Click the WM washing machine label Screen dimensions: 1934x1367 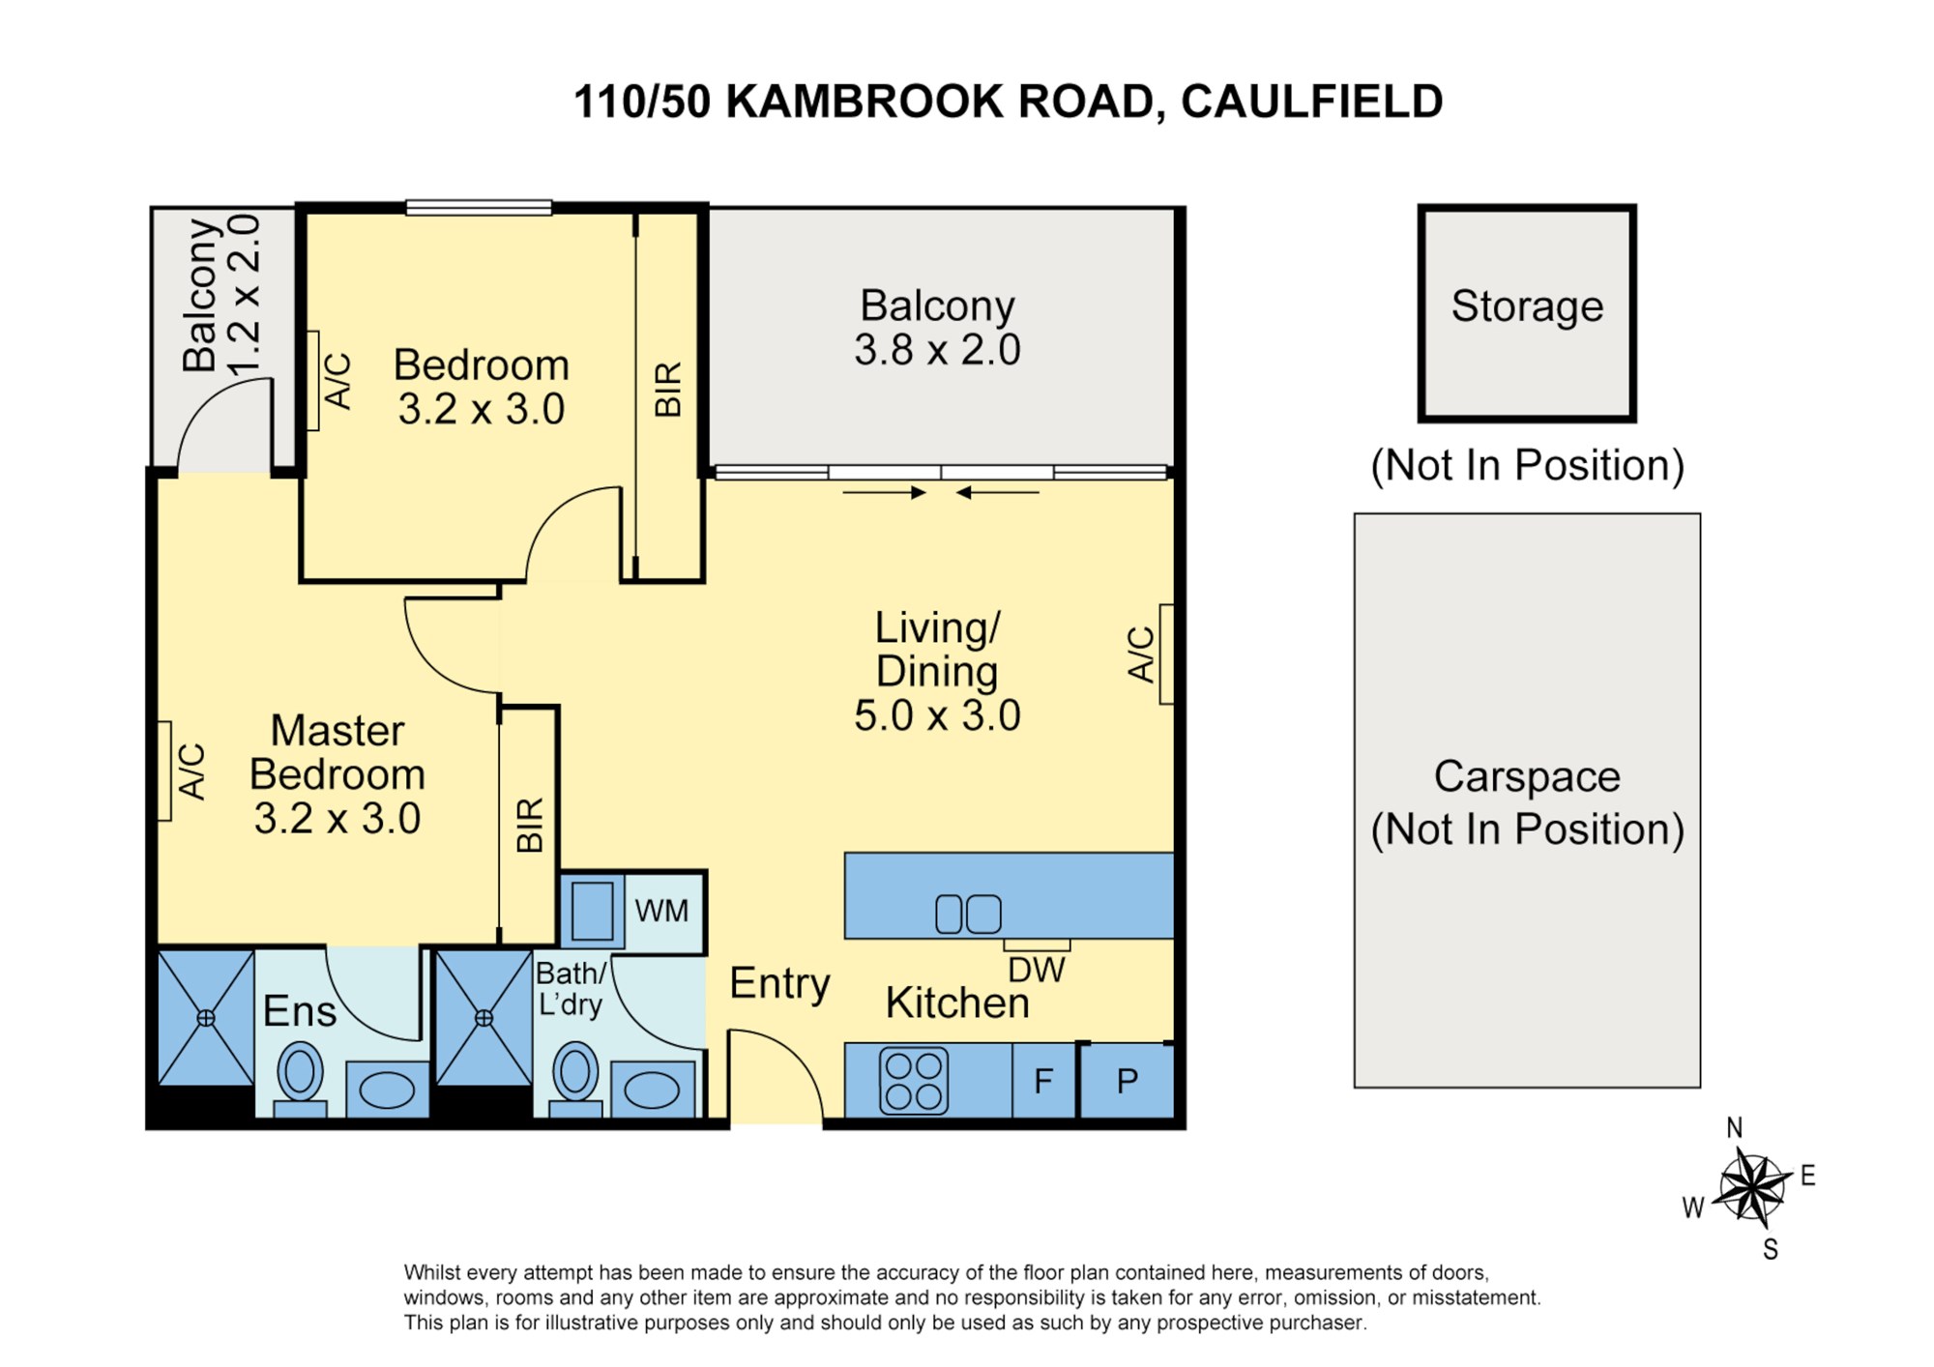click(x=661, y=911)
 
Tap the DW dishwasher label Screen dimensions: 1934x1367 click(x=1036, y=970)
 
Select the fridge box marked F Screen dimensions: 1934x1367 click(x=1043, y=1081)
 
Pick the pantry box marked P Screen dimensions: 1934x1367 click(x=1128, y=1081)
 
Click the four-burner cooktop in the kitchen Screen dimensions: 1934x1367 click(x=914, y=1081)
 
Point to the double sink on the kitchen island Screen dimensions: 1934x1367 click(x=968, y=915)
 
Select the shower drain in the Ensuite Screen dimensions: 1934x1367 click(x=206, y=1018)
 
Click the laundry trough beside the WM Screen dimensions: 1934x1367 click(x=592, y=911)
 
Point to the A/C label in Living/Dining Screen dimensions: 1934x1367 click(x=1141, y=654)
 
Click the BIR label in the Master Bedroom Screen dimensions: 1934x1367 click(x=530, y=826)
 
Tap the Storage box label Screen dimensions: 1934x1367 click(x=1527, y=306)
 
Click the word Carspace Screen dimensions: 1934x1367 click(x=1527, y=776)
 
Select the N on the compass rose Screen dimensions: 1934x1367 click(x=1735, y=1128)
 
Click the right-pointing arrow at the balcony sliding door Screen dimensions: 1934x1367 click(x=884, y=492)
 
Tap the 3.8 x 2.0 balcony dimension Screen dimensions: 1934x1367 click(x=937, y=350)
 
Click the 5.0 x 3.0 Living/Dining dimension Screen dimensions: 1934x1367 click(x=937, y=716)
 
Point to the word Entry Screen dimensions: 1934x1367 click(x=779, y=984)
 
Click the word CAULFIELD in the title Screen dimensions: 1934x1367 click(x=1312, y=102)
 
